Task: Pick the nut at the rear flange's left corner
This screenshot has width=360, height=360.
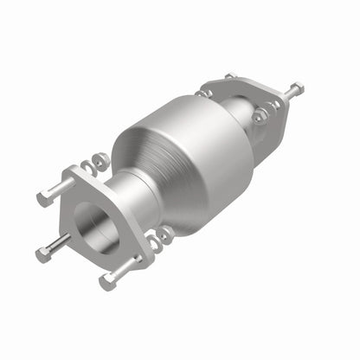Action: tap(203, 89)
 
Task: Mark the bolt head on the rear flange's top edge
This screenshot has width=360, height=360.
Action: tap(228, 77)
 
